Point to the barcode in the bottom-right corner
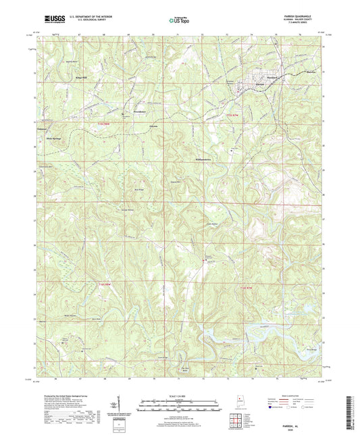click(351, 406)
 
